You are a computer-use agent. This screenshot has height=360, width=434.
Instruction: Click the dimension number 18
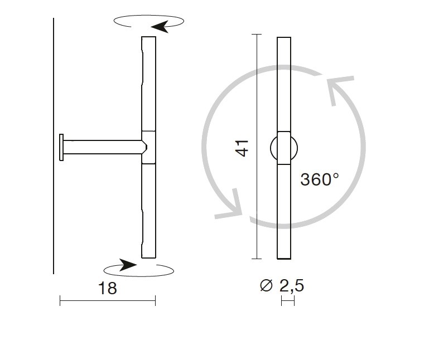108,288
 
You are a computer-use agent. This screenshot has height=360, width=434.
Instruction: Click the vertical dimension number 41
242,148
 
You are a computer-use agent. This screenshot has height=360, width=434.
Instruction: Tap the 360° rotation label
320,179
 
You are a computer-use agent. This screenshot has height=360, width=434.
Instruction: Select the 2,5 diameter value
292,286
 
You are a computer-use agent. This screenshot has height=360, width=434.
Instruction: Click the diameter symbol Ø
267,285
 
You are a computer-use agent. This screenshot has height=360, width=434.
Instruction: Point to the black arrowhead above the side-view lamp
160,27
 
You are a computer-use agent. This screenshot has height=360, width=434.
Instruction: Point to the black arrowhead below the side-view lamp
128,265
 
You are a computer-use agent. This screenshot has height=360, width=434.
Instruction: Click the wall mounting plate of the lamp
61,147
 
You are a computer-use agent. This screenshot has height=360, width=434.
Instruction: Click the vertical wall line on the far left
54,146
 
